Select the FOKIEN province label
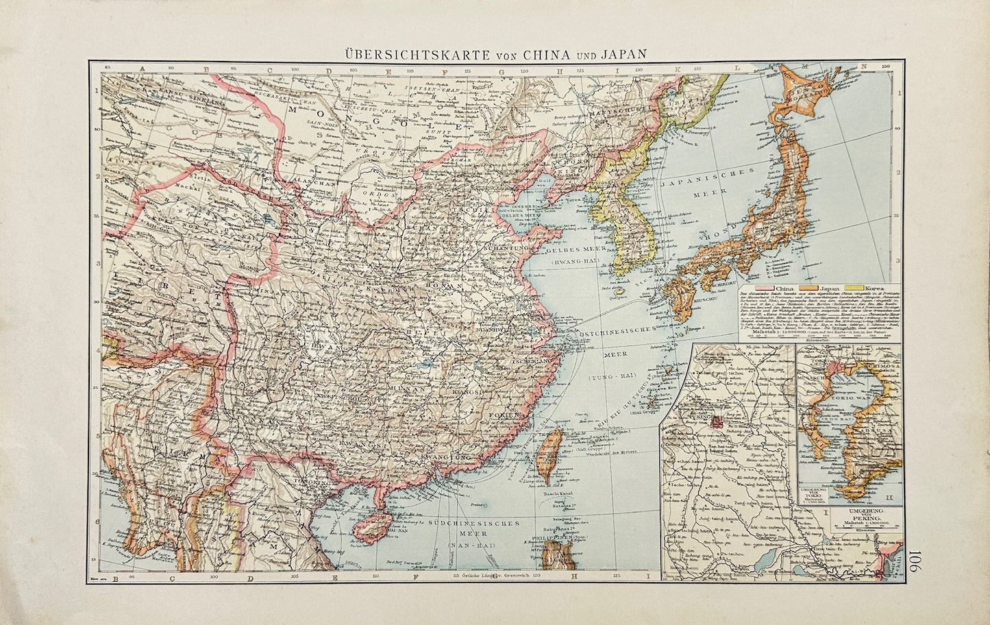point(508,415)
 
